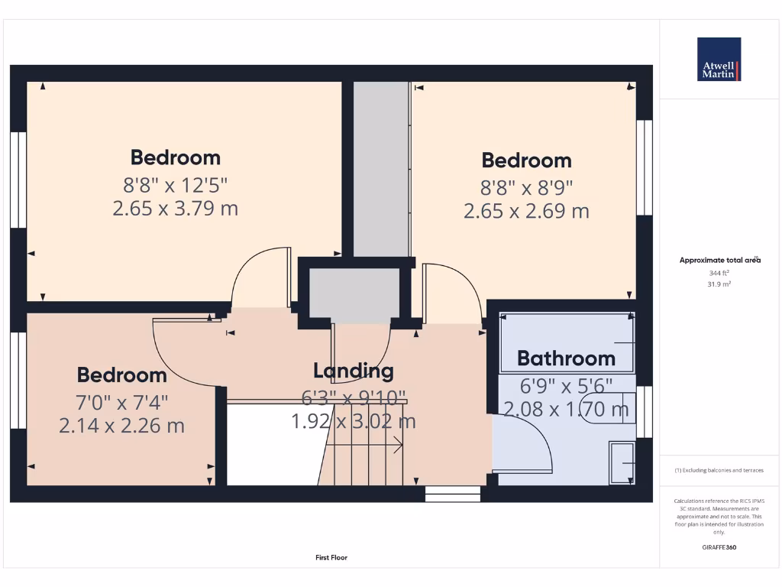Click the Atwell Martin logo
[x=719, y=59]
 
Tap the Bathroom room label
[x=566, y=358]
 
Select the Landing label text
[x=354, y=371]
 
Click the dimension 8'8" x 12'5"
[x=176, y=183]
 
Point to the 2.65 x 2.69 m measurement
[x=526, y=211]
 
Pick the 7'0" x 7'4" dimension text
[x=122, y=401]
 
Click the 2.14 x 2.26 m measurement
[x=122, y=426]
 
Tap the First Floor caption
[x=331, y=558]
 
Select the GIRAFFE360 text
[x=719, y=547]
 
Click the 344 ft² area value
[x=719, y=273]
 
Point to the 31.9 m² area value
[x=719, y=284]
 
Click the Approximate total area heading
[x=719, y=261]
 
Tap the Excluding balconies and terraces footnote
[x=719, y=470]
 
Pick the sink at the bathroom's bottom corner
[x=620, y=462]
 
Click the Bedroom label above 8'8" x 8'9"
[x=526, y=161]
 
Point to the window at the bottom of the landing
[x=453, y=494]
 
